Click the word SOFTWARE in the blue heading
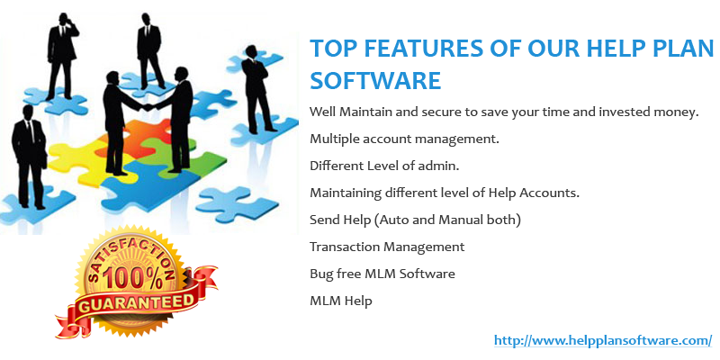375,80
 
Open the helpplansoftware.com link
603,341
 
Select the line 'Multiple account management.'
404,139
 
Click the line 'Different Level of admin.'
384,166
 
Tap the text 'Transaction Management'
387,247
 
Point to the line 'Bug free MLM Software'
382,274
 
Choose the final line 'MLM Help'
341,301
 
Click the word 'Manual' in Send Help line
461,220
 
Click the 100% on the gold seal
132,279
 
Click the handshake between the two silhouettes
148,107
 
